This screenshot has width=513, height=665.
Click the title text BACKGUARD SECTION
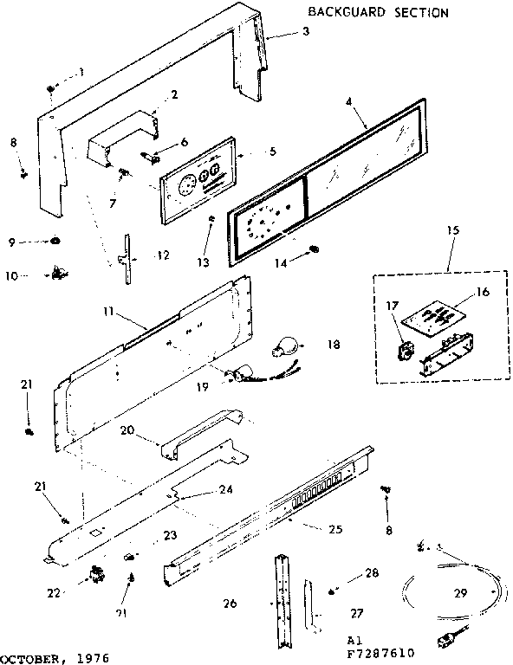coord(378,13)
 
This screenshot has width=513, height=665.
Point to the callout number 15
coord(450,233)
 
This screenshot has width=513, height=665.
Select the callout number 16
coord(482,293)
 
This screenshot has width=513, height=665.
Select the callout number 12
coord(164,255)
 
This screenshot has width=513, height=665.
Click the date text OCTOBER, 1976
coord(55,657)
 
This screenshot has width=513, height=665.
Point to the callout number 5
coord(272,152)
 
